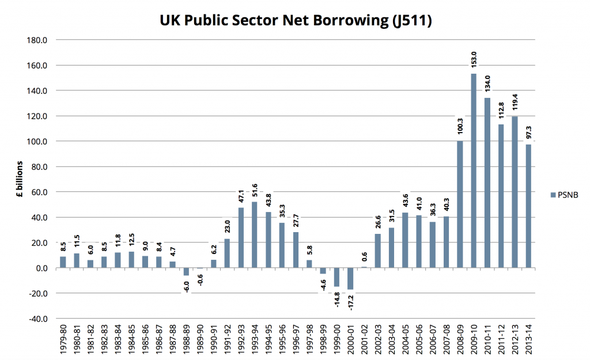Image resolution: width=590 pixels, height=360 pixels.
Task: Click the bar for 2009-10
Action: pyautogui.click(x=474, y=170)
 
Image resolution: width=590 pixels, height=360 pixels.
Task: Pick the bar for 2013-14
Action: pyautogui.click(x=528, y=206)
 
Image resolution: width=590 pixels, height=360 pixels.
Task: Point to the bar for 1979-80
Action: pyautogui.click(x=63, y=262)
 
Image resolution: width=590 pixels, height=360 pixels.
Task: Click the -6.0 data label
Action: pyautogui.click(x=186, y=285)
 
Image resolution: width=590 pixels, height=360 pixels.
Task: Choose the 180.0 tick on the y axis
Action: pyautogui.click(x=36, y=40)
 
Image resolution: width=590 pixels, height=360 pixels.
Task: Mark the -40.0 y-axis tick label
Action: pyautogui.click(x=36, y=319)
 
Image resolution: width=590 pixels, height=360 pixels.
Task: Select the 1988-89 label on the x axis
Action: pyautogui.click(x=186, y=339)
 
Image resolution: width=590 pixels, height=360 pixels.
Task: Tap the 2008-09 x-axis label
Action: pyautogui.click(x=460, y=339)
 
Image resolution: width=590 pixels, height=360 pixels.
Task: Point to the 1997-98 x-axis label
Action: pyautogui.click(x=309, y=339)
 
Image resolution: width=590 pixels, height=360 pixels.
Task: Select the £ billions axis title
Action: pyautogui.click(x=18, y=179)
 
